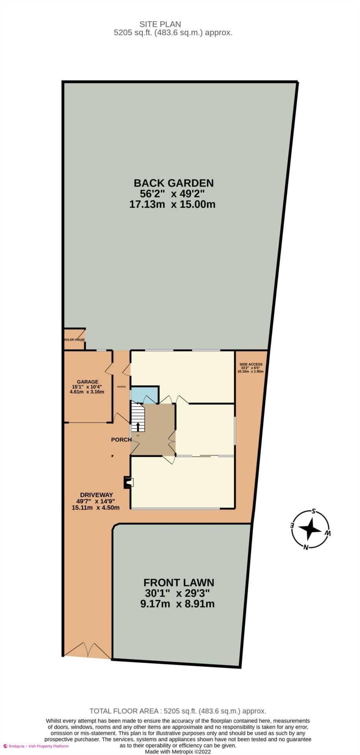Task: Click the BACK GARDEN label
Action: tap(173, 183)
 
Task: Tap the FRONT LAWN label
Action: tap(178, 582)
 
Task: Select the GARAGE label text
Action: tap(87, 381)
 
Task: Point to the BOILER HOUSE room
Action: tap(75, 339)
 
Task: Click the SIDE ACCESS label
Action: tap(250, 365)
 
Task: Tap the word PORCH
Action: tap(121, 440)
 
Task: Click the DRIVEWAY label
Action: tap(96, 495)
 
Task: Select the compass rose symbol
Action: tap(310, 529)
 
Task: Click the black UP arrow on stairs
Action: tap(138, 427)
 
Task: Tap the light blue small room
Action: tap(144, 395)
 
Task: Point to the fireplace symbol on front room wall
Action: tap(128, 482)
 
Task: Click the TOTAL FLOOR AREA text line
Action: tap(178, 711)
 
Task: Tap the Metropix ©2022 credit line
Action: tap(178, 751)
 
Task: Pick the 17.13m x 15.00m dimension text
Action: tap(172, 204)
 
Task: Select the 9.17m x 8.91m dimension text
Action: tap(177, 604)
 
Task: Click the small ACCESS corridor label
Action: tap(121, 387)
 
